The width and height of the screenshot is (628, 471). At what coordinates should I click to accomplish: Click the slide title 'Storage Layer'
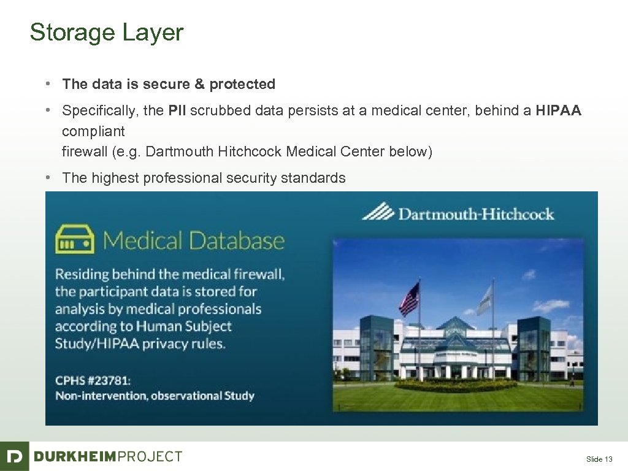pos(106,33)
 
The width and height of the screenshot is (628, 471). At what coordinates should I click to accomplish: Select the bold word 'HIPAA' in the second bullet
pos(558,111)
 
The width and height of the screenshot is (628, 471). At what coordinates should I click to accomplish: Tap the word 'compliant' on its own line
pos(93,131)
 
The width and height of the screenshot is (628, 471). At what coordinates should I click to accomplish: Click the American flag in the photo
pos(409,299)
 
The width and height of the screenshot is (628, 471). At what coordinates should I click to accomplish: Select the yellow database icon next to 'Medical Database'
pos(75,239)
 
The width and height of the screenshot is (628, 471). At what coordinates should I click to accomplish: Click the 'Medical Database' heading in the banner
pos(194,240)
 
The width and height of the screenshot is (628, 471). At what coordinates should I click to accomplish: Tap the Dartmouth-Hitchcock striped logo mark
pos(377,212)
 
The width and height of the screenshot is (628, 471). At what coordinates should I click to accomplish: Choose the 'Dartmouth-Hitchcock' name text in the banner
pos(476,214)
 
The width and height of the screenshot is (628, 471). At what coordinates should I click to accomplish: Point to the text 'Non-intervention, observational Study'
pos(155,396)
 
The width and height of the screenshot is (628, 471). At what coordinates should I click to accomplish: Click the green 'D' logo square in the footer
pos(14,456)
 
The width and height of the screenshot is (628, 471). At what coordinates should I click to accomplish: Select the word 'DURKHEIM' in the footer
pos(74,456)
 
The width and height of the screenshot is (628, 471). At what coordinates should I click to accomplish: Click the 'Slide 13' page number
pos(599,459)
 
